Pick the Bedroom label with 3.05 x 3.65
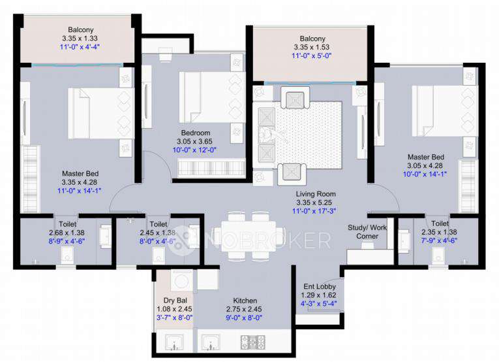[x=195, y=133]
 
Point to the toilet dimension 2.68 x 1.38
[x=67, y=232]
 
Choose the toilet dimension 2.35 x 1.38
[x=439, y=232]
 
